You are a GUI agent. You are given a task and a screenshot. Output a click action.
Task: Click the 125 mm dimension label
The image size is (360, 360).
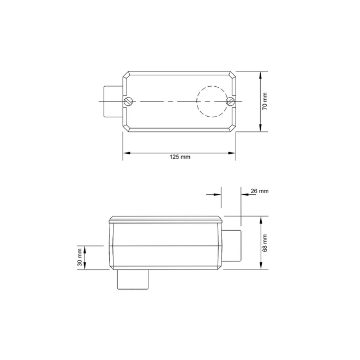tap(180, 157)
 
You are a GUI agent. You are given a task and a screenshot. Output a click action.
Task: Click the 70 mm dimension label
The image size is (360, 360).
tap(265, 101)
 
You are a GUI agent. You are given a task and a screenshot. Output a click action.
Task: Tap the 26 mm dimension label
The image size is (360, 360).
tap(260, 191)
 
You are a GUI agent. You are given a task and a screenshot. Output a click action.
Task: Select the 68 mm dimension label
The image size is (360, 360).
tap(265, 243)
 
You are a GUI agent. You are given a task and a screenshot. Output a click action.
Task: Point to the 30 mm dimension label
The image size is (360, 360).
tap(80, 257)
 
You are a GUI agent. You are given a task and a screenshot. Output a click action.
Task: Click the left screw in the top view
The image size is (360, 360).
tap(129, 101)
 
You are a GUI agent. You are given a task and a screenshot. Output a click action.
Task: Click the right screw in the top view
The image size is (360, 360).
tap(230, 101)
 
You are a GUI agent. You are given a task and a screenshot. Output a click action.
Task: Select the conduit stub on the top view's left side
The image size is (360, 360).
tap(113, 101)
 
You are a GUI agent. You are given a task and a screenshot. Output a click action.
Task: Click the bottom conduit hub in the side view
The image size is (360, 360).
tap(133, 279)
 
